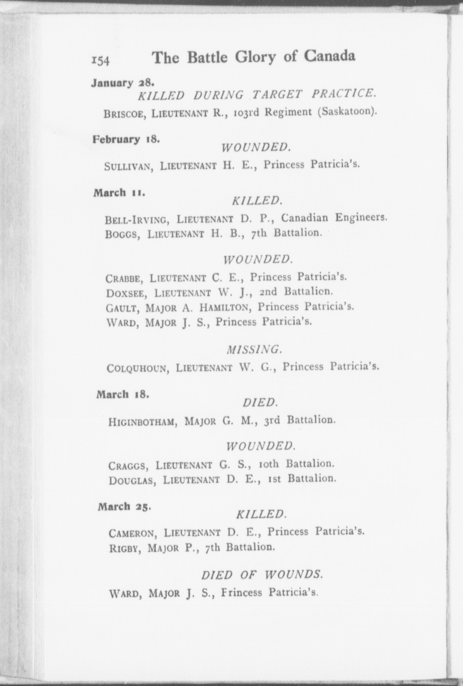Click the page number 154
click(x=100, y=60)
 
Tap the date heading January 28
click(x=122, y=83)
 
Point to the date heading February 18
click(x=126, y=139)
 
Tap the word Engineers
click(x=361, y=218)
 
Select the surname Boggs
click(x=122, y=234)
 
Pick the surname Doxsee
click(x=126, y=294)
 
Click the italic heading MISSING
click(x=255, y=349)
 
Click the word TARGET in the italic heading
click(x=277, y=94)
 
